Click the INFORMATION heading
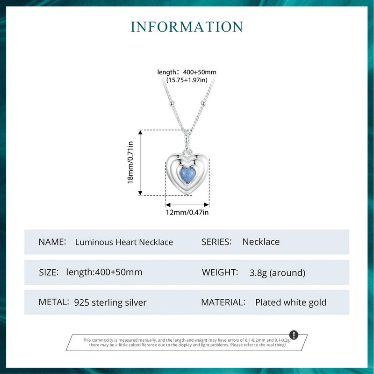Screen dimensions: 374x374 tap(187, 26)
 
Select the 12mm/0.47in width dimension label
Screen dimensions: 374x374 tap(187, 213)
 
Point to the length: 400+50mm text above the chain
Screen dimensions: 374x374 tap(187, 72)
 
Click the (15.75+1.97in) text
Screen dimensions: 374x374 tap(187, 80)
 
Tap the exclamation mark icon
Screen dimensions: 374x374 tap(294, 335)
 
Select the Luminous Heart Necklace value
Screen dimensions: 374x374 tap(124, 242)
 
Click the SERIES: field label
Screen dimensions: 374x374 tap(217, 242)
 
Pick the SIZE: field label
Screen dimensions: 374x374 tap(49, 272)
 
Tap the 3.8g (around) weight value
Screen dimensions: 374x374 tap(278, 273)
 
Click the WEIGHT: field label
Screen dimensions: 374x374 tap(220, 272)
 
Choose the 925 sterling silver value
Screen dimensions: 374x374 tap(110, 302)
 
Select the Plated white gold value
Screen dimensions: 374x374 tap(291, 302)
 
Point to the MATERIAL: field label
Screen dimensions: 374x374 tap(223, 302)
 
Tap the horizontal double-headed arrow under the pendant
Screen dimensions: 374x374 tap(187, 205)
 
